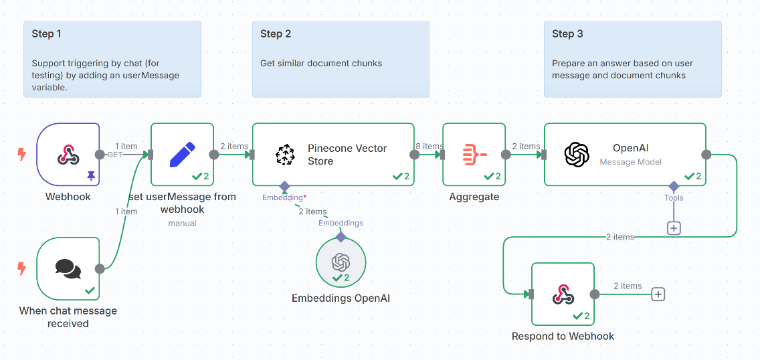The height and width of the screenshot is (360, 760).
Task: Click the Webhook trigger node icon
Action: pyautogui.click(x=68, y=155)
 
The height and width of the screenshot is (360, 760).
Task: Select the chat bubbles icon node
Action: pyautogui.click(x=68, y=269)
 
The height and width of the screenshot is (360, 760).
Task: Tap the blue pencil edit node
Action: pyautogui.click(x=182, y=155)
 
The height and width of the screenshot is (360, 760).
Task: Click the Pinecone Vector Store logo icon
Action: pyautogui.click(x=285, y=155)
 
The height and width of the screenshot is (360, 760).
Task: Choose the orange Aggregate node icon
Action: pyautogui.click(x=474, y=155)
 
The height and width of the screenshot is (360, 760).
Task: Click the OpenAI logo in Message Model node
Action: pyautogui.click(x=576, y=155)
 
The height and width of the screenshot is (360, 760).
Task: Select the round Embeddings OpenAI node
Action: pyautogui.click(x=341, y=262)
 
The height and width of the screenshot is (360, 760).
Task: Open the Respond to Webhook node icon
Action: pyautogui.click(x=563, y=294)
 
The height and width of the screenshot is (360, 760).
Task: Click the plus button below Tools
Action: pyautogui.click(x=674, y=228)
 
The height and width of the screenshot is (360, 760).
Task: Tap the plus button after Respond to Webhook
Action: pyautogui.click(x=658, y=294)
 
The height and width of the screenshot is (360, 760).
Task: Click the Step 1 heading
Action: pyautogui.click(x=46, y=34)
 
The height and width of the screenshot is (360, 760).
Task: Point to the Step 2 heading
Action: pyautogui.click(x=276, y=34)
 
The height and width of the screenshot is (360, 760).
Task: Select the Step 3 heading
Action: pyautogui.click(x=567, y=34)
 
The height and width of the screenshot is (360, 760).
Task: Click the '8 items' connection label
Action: pyautogui.click(x=428, y=147)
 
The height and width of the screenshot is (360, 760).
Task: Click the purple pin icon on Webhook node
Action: pyautogui.click(x=91, y=175)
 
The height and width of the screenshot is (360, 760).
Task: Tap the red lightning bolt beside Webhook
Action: pyautogui.click(x=21, y=155)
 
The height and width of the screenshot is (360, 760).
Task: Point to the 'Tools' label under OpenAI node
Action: pyautogui.click(x=674, y=198)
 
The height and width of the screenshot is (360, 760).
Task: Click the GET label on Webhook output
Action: pyautogui.click(x=114, y=155)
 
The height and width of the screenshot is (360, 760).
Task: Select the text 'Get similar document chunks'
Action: pyautogui.click(x=321, y=64)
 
